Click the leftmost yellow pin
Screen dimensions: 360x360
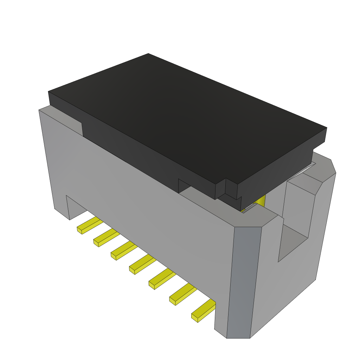(x=88, y=225)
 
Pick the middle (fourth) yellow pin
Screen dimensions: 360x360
(x=142, y=264)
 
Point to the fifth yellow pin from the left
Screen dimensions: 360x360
(x=161, y=279)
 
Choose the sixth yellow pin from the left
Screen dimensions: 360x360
(x=182, y=294)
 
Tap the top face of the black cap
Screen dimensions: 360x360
(x=186, y=116)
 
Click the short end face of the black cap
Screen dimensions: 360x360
(x=281, y=165)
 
